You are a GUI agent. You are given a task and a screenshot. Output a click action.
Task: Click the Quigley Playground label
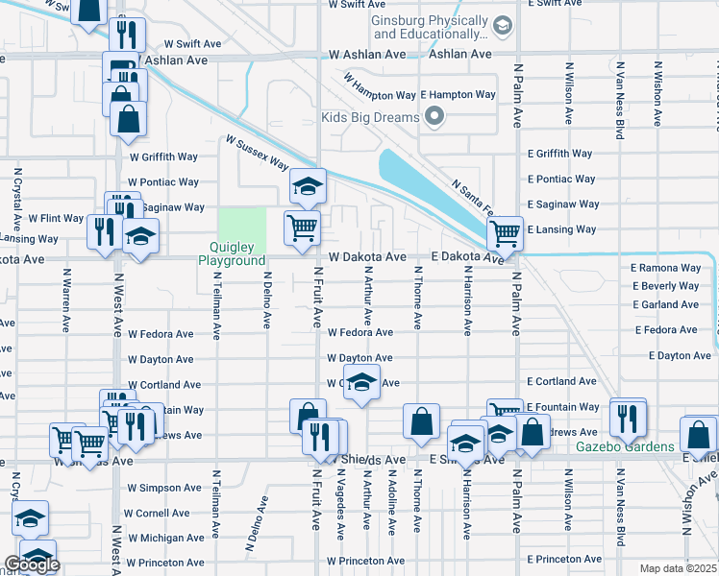(x=232, y=253)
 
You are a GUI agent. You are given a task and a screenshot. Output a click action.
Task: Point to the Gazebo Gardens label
(x=625, y=447)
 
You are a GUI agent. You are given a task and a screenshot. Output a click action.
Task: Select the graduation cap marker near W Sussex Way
(x=307, y=186)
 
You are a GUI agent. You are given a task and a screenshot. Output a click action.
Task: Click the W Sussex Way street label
(x=258, y=152)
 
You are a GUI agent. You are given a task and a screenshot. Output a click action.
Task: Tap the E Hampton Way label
(x=459, y=96)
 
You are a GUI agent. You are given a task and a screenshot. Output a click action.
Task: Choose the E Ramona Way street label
(x=665, y=269)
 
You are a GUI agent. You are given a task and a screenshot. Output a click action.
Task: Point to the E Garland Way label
(x=666, y=304)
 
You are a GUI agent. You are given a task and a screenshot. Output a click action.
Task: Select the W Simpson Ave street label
(x=163, y=488)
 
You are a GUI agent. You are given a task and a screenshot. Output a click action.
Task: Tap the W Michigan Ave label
(x=165, y=538)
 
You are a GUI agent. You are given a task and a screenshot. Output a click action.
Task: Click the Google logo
(x=32, y=564)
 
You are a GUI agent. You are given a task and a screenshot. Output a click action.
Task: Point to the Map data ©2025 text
(x=678, y=568)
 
